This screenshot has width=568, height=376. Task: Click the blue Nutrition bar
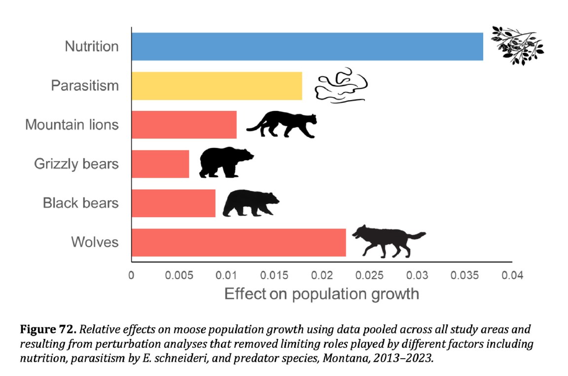(x=307, y=46)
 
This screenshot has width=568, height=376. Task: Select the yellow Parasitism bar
(x=216, y=86)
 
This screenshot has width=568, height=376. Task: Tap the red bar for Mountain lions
(x=184, y=125)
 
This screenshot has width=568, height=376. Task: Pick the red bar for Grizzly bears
(x=160, y=164)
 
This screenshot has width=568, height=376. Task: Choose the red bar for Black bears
(x=173, y=203)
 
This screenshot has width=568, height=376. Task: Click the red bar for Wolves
(x=238, y=242)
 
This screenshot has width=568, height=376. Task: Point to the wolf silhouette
(x=387, y=241)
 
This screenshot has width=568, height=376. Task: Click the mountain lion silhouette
(x=282, y=124)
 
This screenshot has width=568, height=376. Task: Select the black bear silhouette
(x=250, y=203)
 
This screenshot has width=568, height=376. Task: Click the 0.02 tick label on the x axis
(x=321, y=275)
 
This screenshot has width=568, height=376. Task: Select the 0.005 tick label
(x=178, y=275)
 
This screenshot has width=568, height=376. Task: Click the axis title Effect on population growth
(x=321, y=294)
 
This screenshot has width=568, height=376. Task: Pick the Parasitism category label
(x=85, y=86)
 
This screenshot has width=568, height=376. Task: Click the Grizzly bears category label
(x=76, y=164)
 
